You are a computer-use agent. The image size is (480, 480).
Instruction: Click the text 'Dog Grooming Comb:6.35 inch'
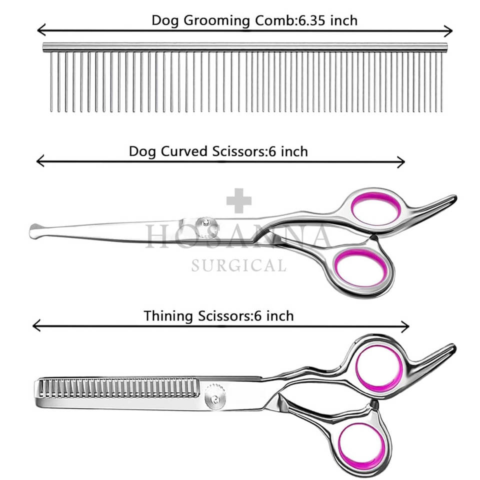point(254,20)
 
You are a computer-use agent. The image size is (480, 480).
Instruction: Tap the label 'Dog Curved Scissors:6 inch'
point(218,151)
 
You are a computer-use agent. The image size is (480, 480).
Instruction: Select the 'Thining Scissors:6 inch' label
point(218,316)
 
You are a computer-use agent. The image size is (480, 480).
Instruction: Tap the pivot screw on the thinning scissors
point(215,398)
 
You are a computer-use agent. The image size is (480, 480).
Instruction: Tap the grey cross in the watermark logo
point(239,201)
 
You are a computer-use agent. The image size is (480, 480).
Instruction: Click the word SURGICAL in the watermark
point(238,265)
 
